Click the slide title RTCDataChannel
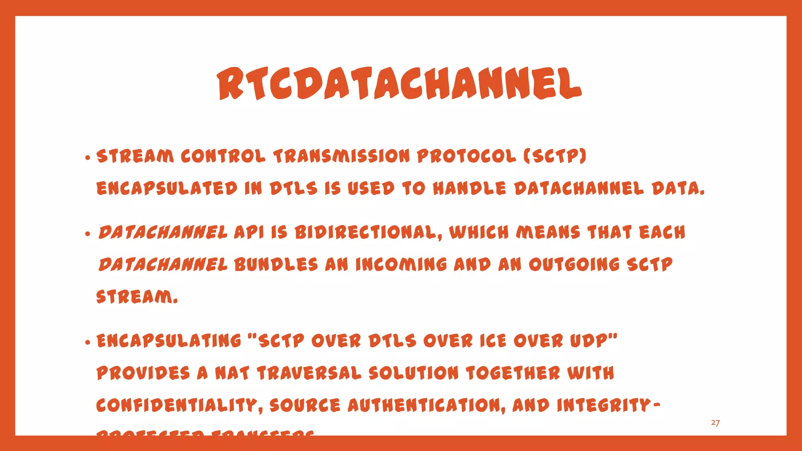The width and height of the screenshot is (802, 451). click(x=399, y=83)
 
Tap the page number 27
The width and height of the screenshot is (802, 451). click(x=715, y=423)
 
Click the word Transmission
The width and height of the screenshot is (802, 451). click(x=341, y=156)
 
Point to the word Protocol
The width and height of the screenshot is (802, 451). click(x=466, y=156)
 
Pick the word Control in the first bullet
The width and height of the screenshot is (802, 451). click(x=223, y=156)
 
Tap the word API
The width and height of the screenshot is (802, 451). click(x=249, y=232)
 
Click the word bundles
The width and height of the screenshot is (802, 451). click(x=276, y=265)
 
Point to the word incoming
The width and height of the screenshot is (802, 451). click(x=401, y=265)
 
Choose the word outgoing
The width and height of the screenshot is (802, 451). click(x=574, y=265)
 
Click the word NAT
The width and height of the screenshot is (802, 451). click(x=232, y=373)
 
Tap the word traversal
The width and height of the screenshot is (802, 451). click(x=309, y=373)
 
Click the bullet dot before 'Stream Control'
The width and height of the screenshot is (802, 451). click(x=88, y=158)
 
